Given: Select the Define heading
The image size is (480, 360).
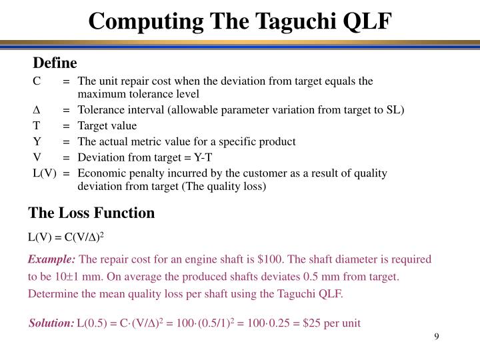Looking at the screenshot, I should pos(55,63).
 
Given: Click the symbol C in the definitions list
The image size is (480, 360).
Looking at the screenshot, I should pos(37,81).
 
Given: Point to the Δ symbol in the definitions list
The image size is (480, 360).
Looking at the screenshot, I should pos(37,110).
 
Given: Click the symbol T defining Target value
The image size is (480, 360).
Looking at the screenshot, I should pos(37,126).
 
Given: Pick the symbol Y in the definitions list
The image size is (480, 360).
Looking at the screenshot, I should pos(37,142).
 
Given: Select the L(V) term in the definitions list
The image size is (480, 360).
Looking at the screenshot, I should pos(44,173).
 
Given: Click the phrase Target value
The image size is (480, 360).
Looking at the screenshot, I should pos(107,126).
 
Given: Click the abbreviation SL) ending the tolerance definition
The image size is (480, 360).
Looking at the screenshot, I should pos(395,110).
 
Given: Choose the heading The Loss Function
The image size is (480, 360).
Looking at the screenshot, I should pos(91,213).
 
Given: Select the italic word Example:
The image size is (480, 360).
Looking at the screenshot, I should pos(52,259).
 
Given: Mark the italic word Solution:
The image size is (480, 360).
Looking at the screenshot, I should pos(51,323).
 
